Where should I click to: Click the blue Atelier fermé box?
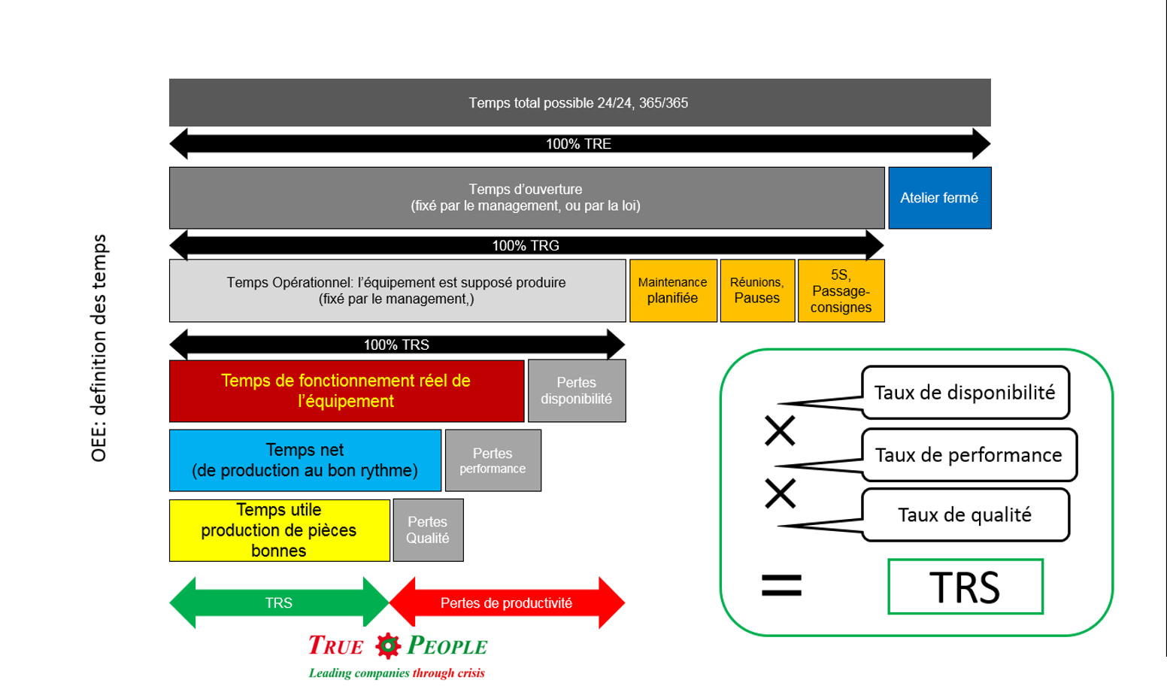tap(939, 198)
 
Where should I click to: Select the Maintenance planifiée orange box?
tap(673, 290)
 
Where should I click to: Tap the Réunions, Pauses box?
tap(757, 290)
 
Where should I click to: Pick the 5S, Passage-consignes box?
tap(841, 290)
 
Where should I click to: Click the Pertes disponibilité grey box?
tap(577, 390)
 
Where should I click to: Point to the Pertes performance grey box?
tap(493, 460)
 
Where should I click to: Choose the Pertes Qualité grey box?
tap(428, 530)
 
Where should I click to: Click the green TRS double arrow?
tap(279, 603)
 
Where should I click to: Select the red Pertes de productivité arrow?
tap(506, 603)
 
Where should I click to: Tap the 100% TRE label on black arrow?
tap(578, 144)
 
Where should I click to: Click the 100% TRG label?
tap(526, 245)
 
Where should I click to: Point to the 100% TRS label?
tap(396, 345)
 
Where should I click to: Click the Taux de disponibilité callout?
tap(965, 393)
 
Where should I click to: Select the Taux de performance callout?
tap(968, 455)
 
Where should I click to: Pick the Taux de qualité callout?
tap(965, 515)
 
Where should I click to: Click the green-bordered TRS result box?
tap(965, 587)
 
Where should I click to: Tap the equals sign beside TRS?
tap(781, 585)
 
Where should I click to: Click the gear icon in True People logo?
tap(388, 645)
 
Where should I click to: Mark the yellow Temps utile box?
tap(279, 530)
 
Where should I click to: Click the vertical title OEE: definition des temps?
tap(99, 348)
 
